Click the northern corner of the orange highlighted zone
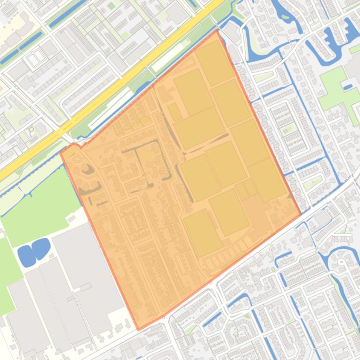click(x=216, y=31)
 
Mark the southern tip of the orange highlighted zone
click(x=138, y=329)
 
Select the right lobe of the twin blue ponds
click(x=41, y=247)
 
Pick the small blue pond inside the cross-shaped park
click(x=348, y=86)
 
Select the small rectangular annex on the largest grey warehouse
click(x=85, y=286)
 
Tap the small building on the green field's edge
click(x=71, y=218)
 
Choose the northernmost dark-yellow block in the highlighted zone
click(x=214, y=62)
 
